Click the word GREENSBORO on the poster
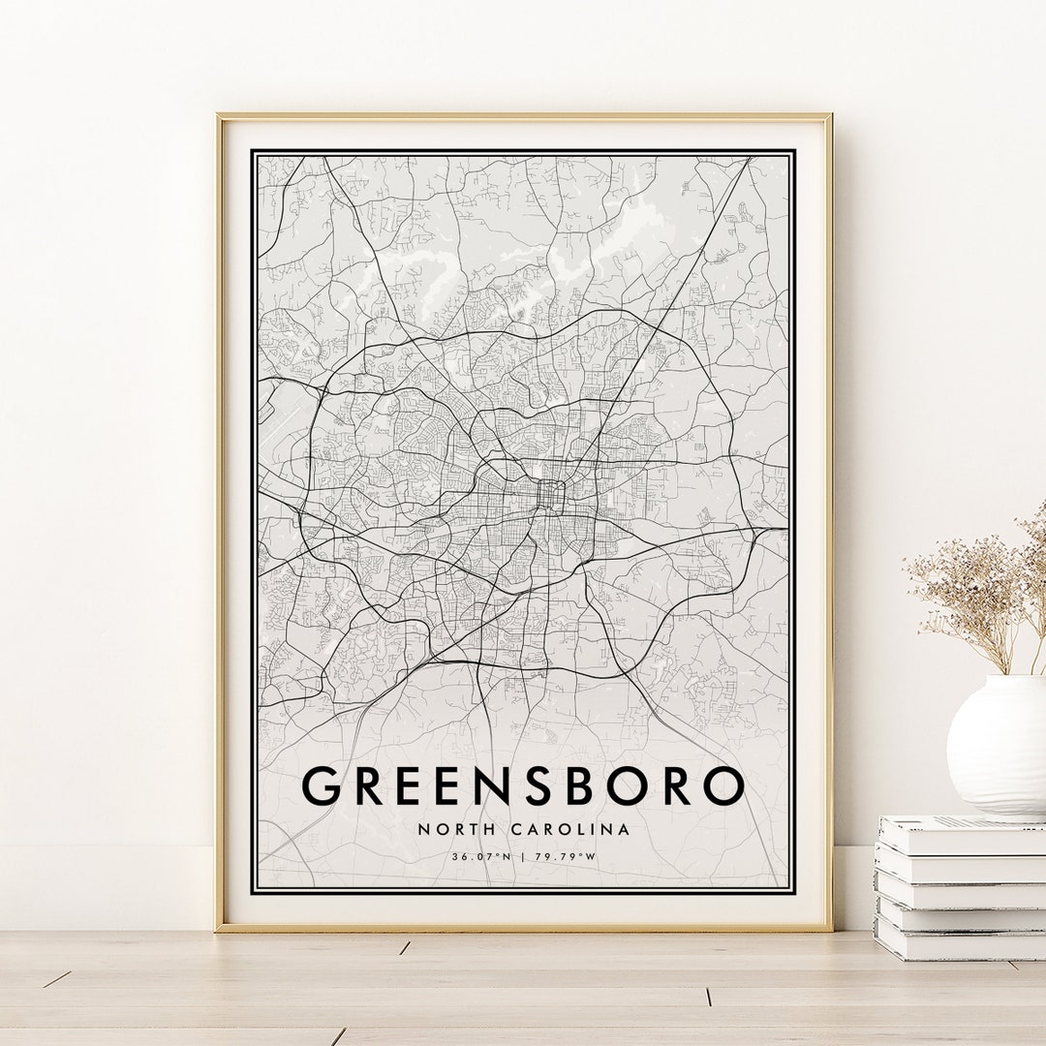[523, 785]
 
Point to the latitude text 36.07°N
[479, 856]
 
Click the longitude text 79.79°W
[567, 856]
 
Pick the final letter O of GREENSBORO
[723, 785]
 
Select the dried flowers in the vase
[978, 591]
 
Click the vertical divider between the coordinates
[523, 856]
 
